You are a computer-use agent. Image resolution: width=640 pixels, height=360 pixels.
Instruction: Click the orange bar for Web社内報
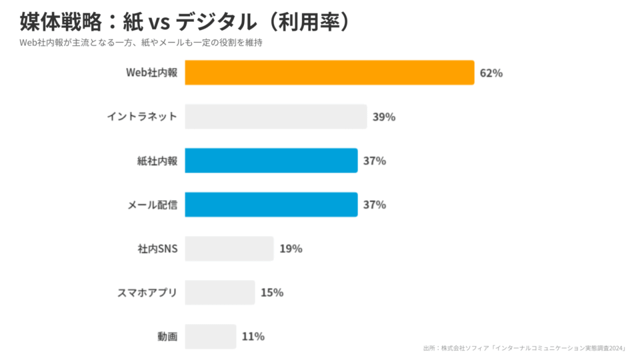[329, 73]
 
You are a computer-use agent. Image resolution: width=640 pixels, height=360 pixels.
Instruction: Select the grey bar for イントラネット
[275, 117]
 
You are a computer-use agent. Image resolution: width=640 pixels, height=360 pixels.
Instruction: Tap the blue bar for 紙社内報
[271, 161]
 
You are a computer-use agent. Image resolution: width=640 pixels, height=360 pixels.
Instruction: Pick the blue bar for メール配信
[271, 205]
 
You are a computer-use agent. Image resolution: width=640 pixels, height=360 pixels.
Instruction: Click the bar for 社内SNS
[229, 249]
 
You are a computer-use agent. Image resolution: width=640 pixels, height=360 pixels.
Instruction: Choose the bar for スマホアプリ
[219, 293]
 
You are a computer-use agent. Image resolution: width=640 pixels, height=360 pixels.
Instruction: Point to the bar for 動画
[210, 337]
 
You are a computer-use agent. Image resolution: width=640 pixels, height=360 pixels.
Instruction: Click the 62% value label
[491, 73]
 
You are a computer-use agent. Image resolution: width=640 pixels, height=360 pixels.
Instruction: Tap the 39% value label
[384, 117]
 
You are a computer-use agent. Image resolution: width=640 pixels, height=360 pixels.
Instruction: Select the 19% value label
[291, 249]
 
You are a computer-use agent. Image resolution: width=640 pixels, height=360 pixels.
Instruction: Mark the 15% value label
[272, 293]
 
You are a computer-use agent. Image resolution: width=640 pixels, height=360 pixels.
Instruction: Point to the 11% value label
[253, 337]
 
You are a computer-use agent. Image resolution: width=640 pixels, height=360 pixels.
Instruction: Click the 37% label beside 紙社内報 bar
[375, 161]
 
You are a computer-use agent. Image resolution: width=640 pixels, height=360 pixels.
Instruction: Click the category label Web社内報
[152, 73]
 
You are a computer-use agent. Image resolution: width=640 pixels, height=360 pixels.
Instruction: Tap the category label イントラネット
[142, 117]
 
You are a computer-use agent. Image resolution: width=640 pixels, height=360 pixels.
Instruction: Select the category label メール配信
[152, 205]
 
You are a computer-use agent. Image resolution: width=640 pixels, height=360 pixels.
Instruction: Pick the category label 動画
[167, 337]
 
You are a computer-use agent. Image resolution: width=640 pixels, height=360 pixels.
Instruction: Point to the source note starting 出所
[524, 349]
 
